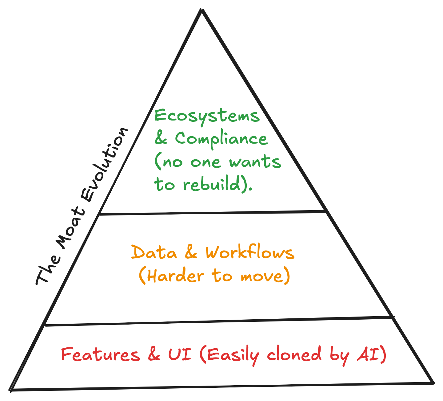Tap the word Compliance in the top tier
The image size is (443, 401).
click(221, 139)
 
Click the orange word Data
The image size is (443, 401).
click(154, 253)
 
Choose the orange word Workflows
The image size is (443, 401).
click(250, 253)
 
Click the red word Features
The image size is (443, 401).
click(100, 354)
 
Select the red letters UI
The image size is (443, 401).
click(180, 354)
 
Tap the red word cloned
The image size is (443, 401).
click(294, 354)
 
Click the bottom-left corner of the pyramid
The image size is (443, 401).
click(10, 390)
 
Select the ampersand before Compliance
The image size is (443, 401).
click(161, 139)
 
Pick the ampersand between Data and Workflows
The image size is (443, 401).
click(191, 253)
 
